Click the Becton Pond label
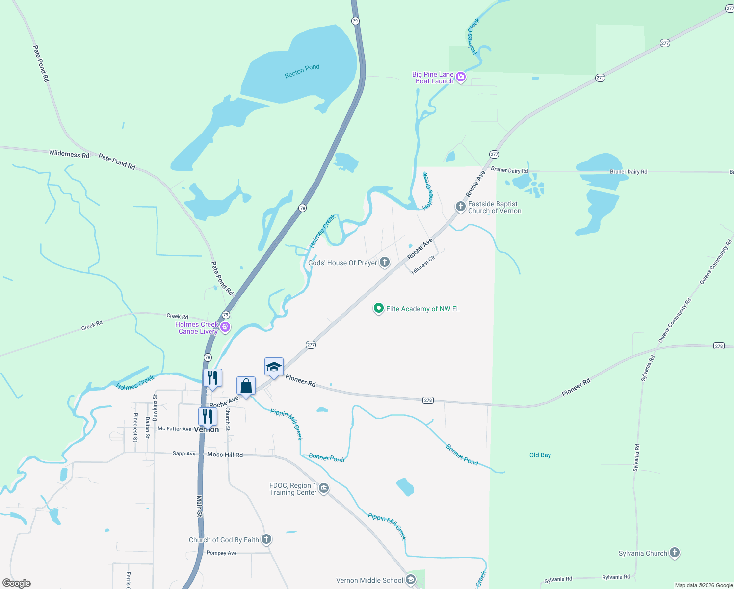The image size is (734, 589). pos(302,71)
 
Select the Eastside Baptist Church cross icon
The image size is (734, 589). pos(460,207)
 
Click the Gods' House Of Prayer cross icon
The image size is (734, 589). pos(385,262)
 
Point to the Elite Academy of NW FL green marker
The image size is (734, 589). pos(378,308)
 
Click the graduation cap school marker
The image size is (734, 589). pos(274,367)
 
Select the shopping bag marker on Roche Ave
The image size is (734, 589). pos(246,386)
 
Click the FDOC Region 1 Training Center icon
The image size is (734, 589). pos(324,488)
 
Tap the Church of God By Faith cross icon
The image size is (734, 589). pos(266,539)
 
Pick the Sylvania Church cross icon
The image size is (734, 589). pos(675,553)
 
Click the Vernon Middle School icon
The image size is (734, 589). pos(411,580)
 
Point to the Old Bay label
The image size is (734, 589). pos(540,455)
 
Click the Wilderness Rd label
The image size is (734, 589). pos(69,154)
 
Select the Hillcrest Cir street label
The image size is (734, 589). pos(423,265)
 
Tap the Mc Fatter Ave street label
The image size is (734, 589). pos(174,429)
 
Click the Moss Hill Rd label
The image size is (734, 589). pos(225,455)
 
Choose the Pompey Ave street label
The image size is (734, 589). pos(221,553)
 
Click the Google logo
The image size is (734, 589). pos(16,583)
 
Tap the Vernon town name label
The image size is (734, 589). pos(207,430)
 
